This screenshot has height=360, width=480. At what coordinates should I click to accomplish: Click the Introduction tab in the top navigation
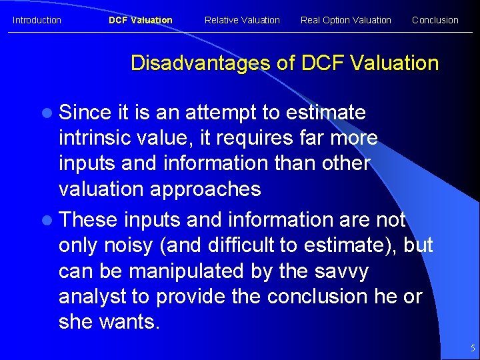(x=37, y=20)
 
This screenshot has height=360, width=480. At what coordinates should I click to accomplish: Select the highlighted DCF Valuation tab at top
(x=140, y=20)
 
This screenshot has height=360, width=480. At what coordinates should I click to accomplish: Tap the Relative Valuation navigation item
(x=242, y=20)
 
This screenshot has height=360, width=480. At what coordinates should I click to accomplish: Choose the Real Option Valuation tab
(x=345, y=20)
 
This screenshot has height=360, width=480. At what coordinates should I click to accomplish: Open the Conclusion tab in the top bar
(x=435, y=20)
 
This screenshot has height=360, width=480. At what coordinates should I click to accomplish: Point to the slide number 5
(x=472, y=348)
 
